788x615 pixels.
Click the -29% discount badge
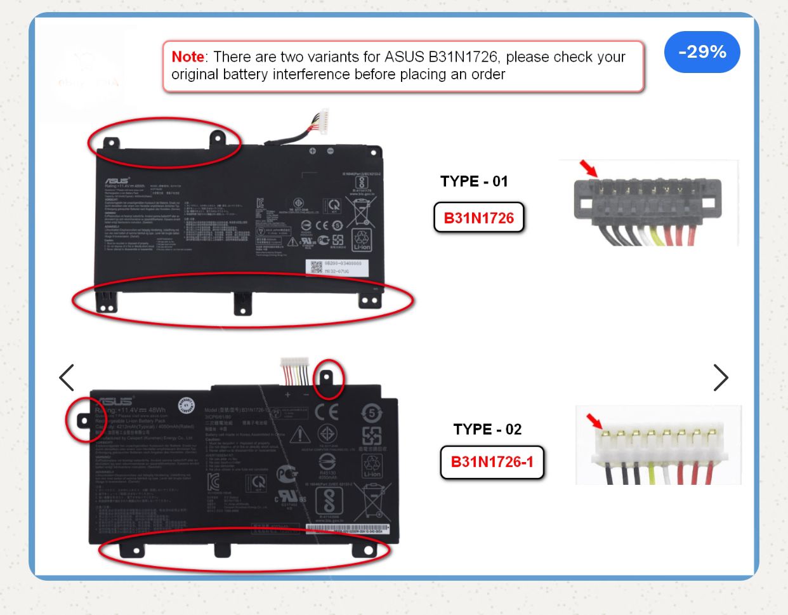point(702,52)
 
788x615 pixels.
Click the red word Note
point(188,56)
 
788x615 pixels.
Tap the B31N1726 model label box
point(479,218)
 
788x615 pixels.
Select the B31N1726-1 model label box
point(492,461)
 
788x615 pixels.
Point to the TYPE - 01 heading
point(474,182)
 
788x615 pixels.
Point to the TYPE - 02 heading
point(487,430)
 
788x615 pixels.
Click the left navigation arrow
point(67,378)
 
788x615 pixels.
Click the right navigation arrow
point(721,378)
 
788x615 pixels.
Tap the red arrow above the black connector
point(589,168)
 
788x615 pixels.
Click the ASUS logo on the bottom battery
point(115,402)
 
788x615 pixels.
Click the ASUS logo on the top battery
point(117,181)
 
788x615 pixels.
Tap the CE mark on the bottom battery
point(327,411)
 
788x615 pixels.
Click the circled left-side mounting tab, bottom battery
point(83,421)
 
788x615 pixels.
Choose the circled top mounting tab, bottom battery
point(327,376)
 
